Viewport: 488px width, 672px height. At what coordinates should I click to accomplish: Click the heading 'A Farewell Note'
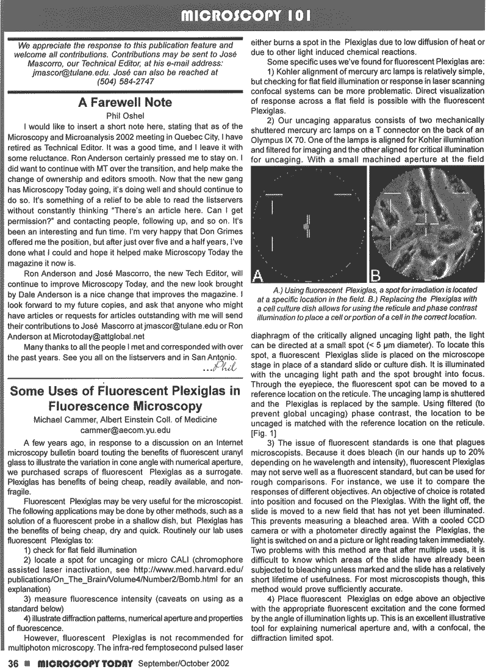(125, 103)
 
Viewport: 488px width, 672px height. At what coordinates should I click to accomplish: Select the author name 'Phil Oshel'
(124, 116)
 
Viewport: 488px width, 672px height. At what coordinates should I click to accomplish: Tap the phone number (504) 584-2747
(125, 81)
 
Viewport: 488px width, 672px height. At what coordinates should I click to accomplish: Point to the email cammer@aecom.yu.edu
(125, 429)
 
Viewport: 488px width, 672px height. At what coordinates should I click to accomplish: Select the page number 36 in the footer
(13, 663)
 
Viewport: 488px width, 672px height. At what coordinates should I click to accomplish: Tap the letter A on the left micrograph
(259, 272)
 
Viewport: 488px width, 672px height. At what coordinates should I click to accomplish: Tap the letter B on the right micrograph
(377, 272)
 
